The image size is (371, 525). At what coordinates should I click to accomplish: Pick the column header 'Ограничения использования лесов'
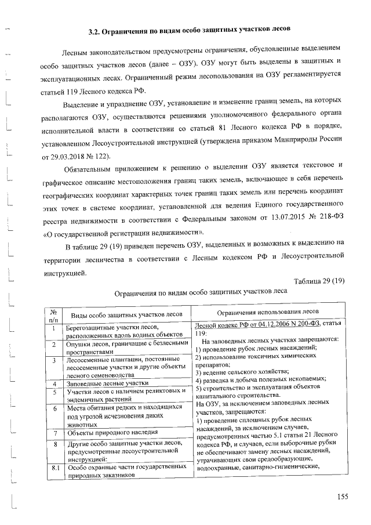click(x=267, y=312)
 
